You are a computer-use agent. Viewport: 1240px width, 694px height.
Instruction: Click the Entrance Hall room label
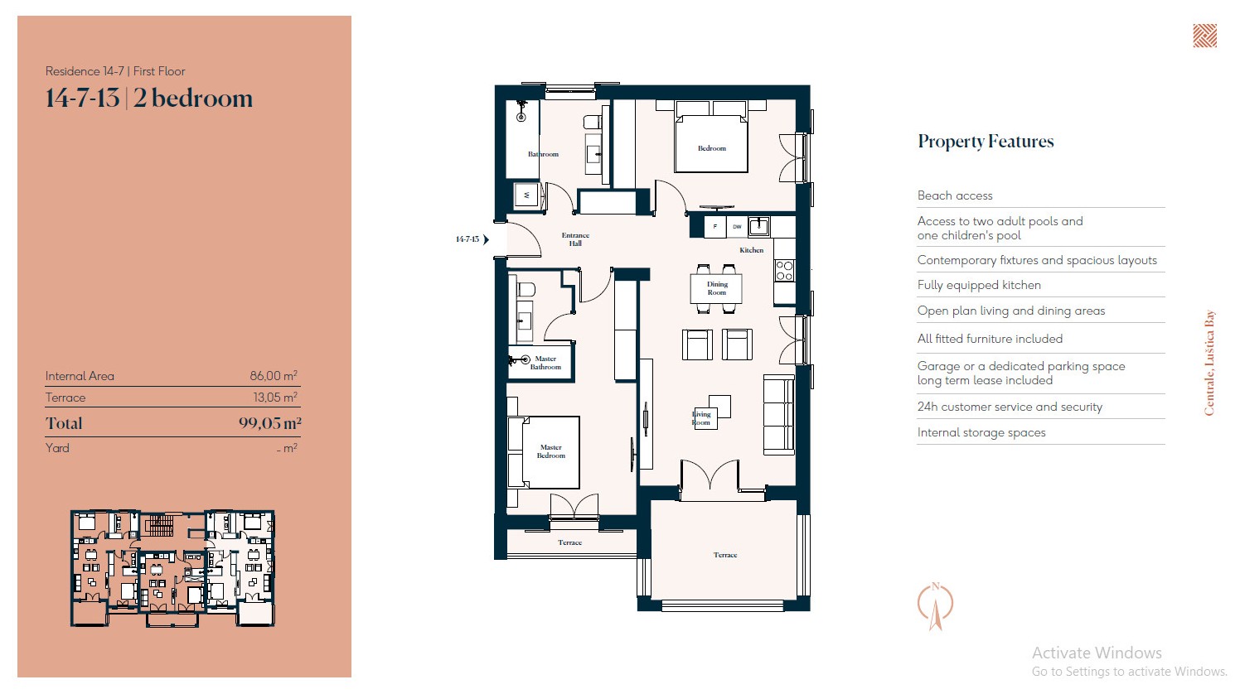pos(575,239)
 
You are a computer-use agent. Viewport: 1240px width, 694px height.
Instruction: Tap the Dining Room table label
pos(717,288)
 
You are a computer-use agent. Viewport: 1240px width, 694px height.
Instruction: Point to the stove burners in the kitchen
pos(784,271)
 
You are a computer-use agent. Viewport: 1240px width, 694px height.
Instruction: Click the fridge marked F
pos(715,227)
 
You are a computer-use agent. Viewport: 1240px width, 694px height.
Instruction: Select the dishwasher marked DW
pos(737,227)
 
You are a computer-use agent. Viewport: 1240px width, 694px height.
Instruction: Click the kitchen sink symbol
pos(758,226)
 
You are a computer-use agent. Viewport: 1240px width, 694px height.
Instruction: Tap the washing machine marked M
pos(526,195)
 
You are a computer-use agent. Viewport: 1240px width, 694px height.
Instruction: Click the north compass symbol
pos(936,606)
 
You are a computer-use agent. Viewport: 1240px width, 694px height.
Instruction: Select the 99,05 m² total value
pos(269,423)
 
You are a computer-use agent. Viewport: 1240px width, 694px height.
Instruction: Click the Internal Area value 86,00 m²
pos(274,376)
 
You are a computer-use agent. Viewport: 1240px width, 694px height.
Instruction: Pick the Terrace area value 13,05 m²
pos(275,398)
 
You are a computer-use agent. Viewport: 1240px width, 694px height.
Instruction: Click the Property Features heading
pos(986,142)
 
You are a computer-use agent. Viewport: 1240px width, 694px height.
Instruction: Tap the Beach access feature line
pos(955,195)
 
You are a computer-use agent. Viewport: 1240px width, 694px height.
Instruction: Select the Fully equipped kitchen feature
pos(979,286)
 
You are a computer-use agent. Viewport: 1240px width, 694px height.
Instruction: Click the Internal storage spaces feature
pos(981,432)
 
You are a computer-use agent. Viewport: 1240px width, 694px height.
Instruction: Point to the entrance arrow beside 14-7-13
pos(486,239)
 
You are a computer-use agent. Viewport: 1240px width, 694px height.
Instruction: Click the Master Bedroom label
pos(551,451)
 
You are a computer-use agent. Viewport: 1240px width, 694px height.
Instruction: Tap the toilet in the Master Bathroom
pos(526,289)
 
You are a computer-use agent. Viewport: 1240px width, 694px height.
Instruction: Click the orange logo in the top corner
pos(1204,36)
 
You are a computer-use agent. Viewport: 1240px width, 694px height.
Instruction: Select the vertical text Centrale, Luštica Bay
pos(1209,363)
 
